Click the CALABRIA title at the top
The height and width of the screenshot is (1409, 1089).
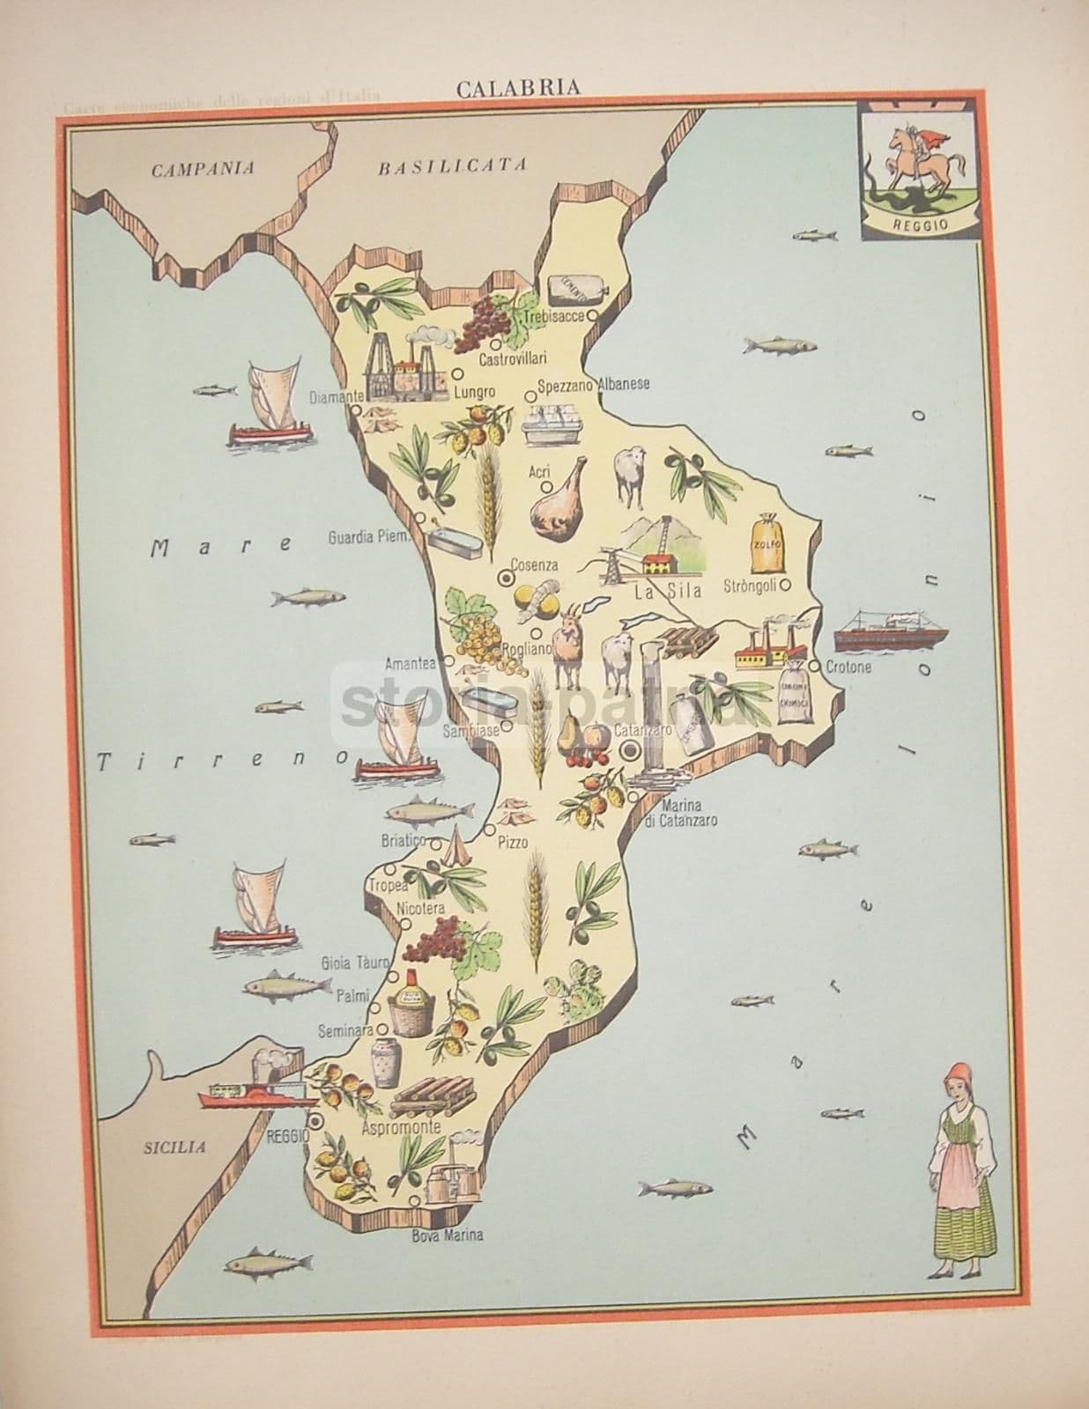pos(517,87)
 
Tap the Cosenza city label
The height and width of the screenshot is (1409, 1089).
pos(537,565)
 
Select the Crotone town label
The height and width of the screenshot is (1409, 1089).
pos(848,668)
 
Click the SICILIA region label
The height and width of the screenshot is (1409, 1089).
pos(174,1147)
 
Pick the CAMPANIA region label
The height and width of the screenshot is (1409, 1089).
pos(203,169)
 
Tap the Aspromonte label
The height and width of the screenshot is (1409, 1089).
pos(402,1127)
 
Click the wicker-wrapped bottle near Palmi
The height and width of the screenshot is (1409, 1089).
pos(409,1004)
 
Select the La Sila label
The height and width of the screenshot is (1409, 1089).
pos(668,592)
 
